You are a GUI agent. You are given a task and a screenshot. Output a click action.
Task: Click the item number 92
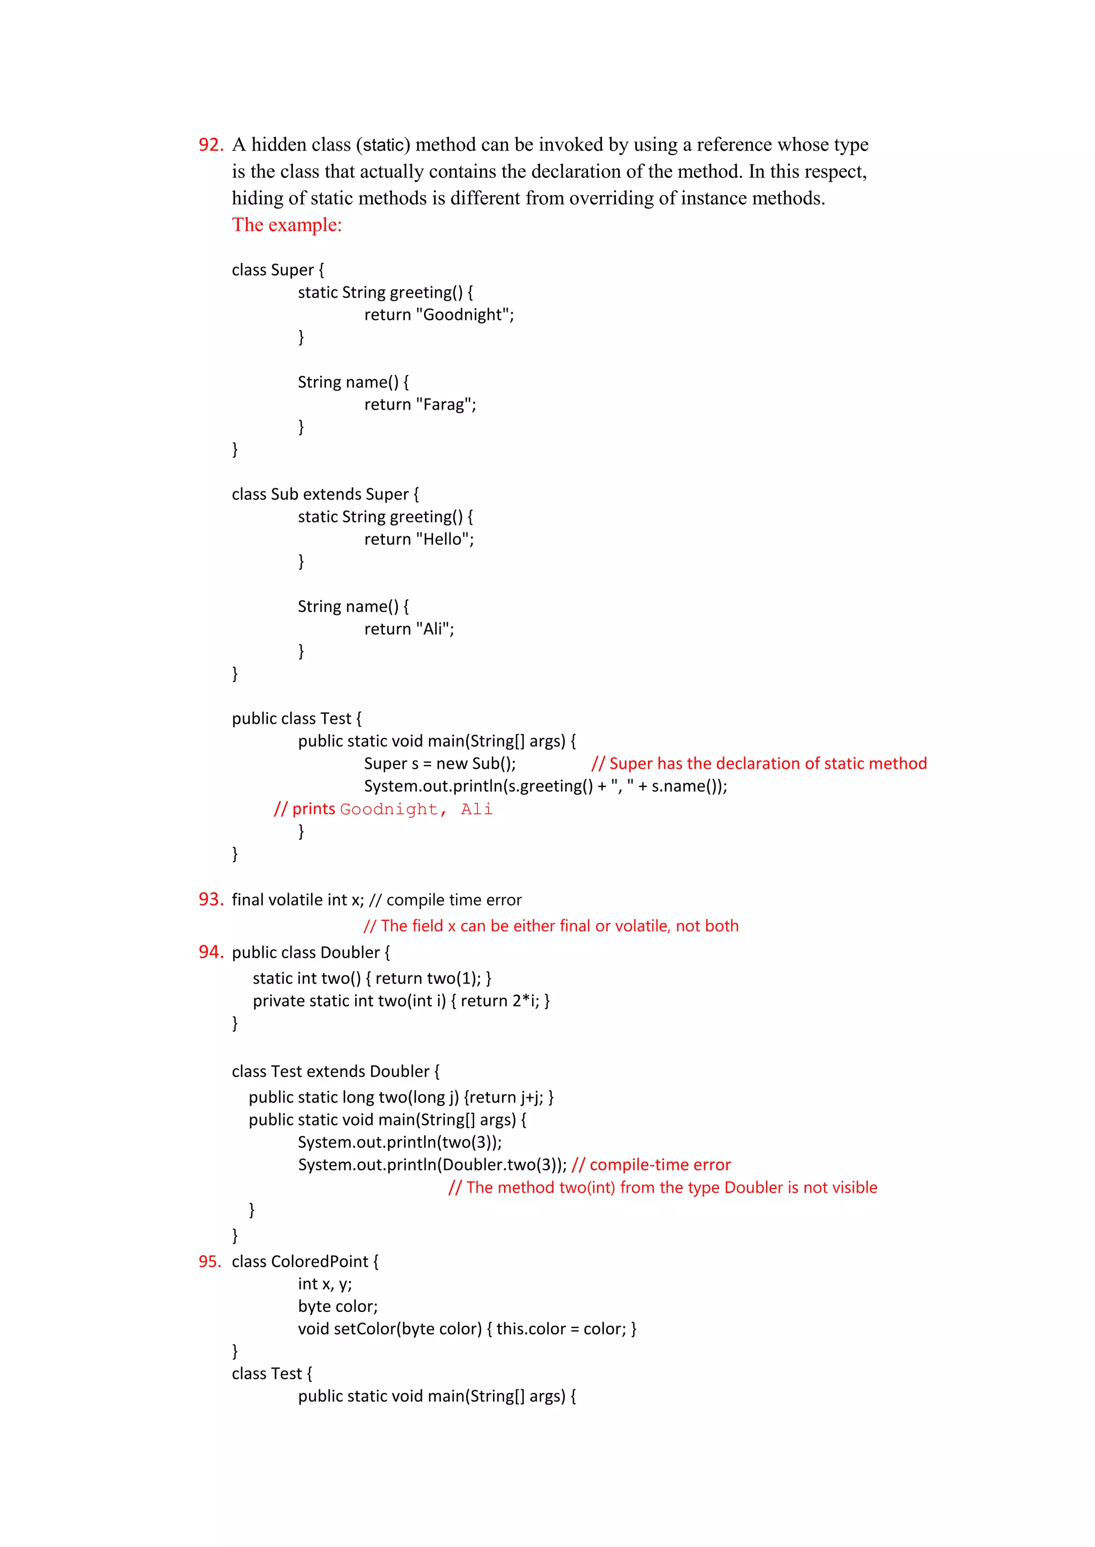210,145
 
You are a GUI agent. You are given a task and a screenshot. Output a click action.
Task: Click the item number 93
210,899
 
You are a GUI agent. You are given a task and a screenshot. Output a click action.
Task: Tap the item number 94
210,951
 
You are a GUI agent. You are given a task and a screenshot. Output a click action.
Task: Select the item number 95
210,1261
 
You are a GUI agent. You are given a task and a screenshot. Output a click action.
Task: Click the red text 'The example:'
287,225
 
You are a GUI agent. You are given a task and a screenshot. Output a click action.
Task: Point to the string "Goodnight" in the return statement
465,315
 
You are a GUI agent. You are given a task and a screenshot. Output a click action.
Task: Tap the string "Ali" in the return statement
433,629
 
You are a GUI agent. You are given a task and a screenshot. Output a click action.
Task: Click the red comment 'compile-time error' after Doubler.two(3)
659,1165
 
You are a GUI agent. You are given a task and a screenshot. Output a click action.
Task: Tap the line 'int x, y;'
325,1284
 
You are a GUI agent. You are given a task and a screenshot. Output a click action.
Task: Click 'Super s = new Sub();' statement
439,763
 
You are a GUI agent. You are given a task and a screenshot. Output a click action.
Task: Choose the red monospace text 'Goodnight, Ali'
416,809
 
